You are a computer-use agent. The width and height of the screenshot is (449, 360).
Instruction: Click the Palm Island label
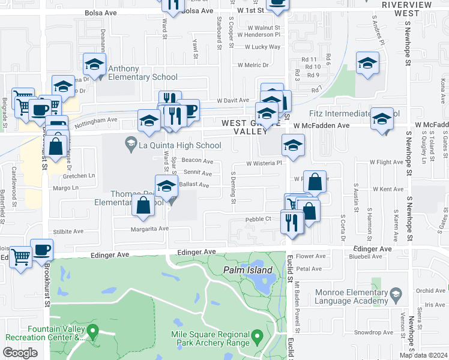(x=248, y=270)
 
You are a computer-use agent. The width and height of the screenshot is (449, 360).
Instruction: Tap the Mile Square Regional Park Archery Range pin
(x=257, y=335)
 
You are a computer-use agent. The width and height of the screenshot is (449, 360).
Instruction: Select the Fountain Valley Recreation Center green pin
(x=92, y=330)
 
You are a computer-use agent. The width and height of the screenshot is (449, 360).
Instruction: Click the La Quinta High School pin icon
(x=130, y=144)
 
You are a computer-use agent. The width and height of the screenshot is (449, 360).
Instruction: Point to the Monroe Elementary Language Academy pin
(x=395, y=294)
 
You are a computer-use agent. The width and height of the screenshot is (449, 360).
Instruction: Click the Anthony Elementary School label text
(x=143, y=77)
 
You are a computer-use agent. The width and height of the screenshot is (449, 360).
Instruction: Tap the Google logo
(x=20, y=353)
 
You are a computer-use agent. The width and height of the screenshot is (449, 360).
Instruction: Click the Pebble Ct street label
(x=259, y=220)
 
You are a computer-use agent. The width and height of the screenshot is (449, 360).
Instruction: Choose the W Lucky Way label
(x=258, y=46)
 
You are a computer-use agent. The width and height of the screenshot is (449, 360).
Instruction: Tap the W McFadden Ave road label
(x=322, y=125)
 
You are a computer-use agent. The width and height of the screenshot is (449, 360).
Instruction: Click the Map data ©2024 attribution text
(x=423, y=355)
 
